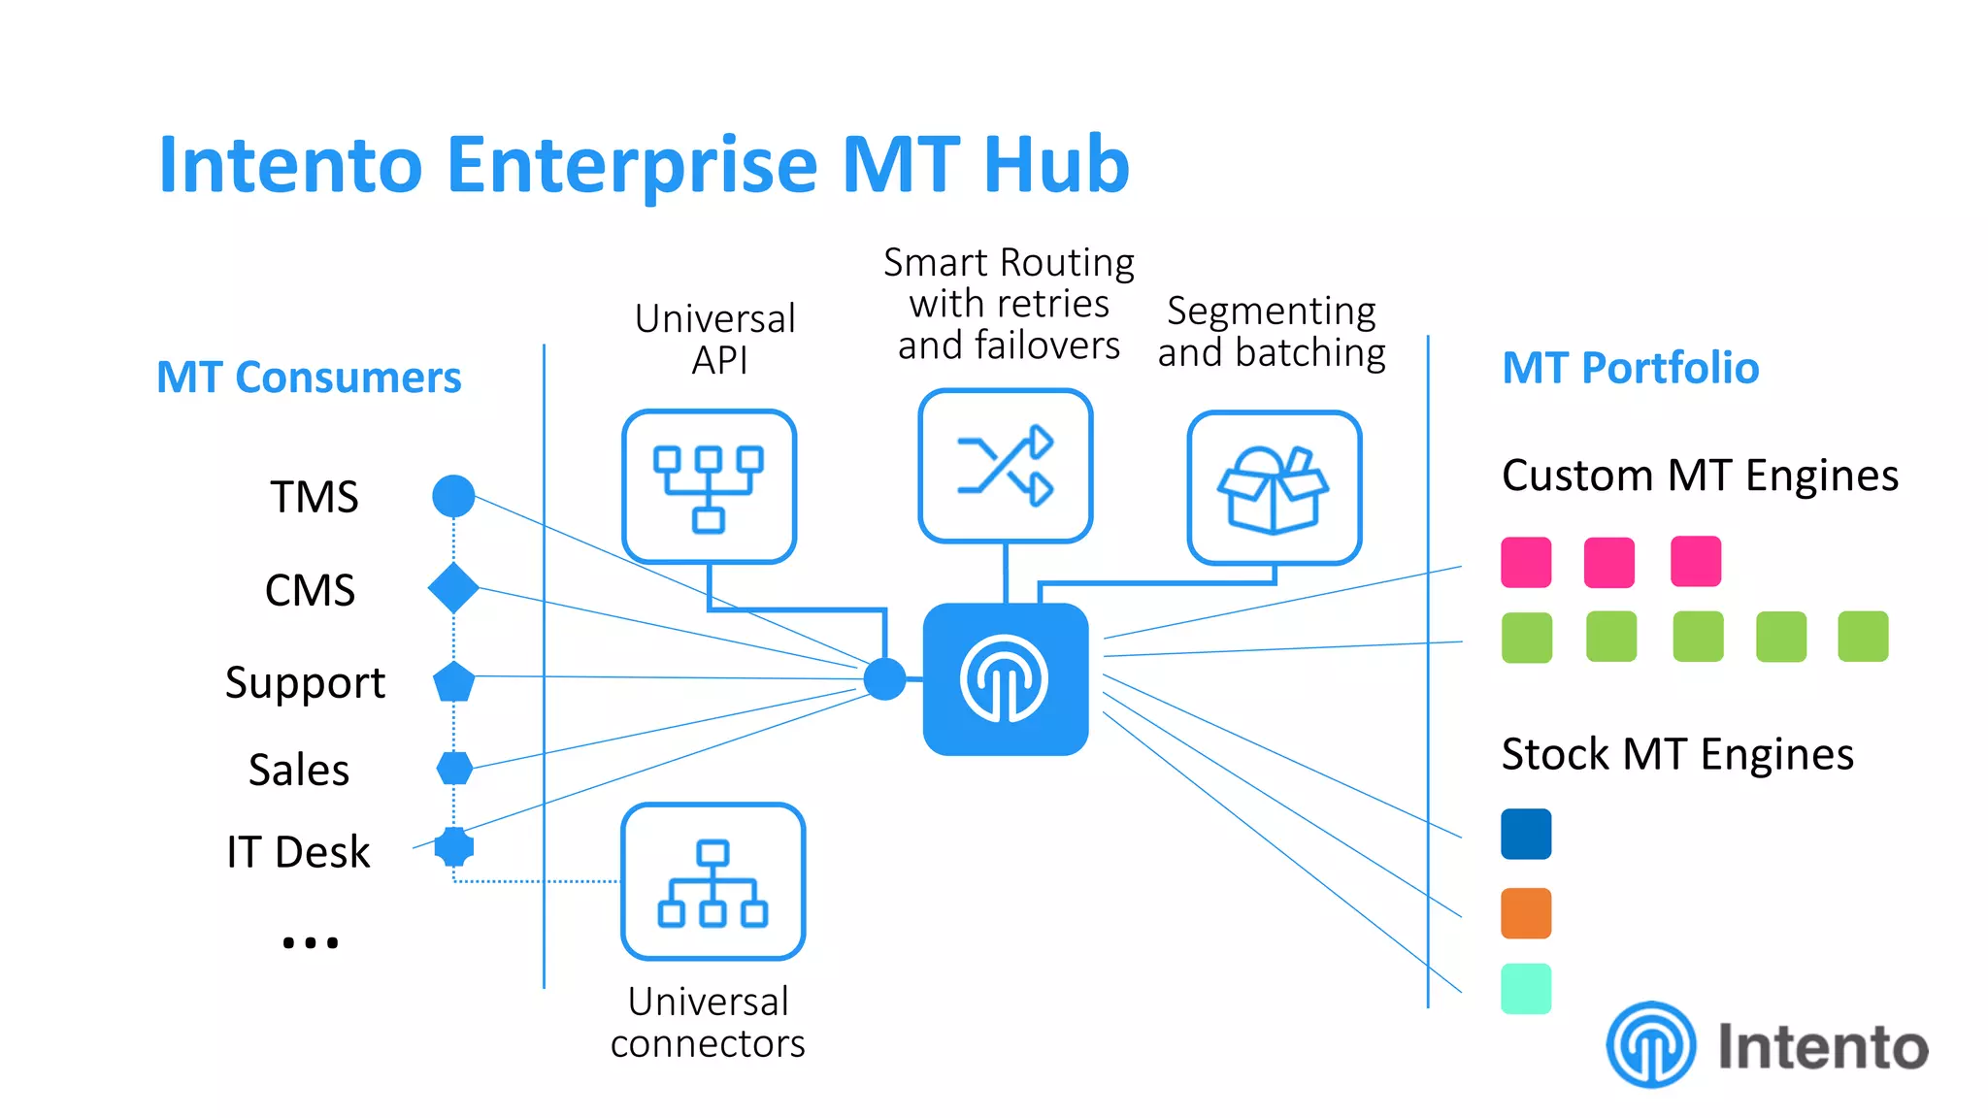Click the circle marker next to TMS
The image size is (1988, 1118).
[453, 496]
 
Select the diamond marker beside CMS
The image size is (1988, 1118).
[453, 588]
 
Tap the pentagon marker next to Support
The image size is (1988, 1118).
[453, 682]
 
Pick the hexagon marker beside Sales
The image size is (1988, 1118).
[454, 768]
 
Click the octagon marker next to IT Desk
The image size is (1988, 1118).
[453, 846]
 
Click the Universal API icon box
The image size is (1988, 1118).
[709, 486]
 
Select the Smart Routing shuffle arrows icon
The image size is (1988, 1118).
[1006, 466]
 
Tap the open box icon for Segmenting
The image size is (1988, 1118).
[1274, 488]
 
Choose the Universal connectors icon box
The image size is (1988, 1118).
[712, 881]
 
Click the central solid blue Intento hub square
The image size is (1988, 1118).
[1005, 679]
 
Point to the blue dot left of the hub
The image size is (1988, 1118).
[884, 678]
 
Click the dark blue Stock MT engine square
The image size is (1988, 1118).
[1526, 834]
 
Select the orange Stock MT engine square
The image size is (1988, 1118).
[1526, 913]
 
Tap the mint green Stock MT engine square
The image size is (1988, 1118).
[1526, 989]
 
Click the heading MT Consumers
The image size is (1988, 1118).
[309, 377]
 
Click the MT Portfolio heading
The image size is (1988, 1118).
[1630, 368]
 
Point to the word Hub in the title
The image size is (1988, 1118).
[1056, 165]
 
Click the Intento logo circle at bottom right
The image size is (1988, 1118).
[1650, 1045]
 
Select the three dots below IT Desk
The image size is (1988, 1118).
[310, 942]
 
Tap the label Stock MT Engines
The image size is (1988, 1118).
[1676, 754]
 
